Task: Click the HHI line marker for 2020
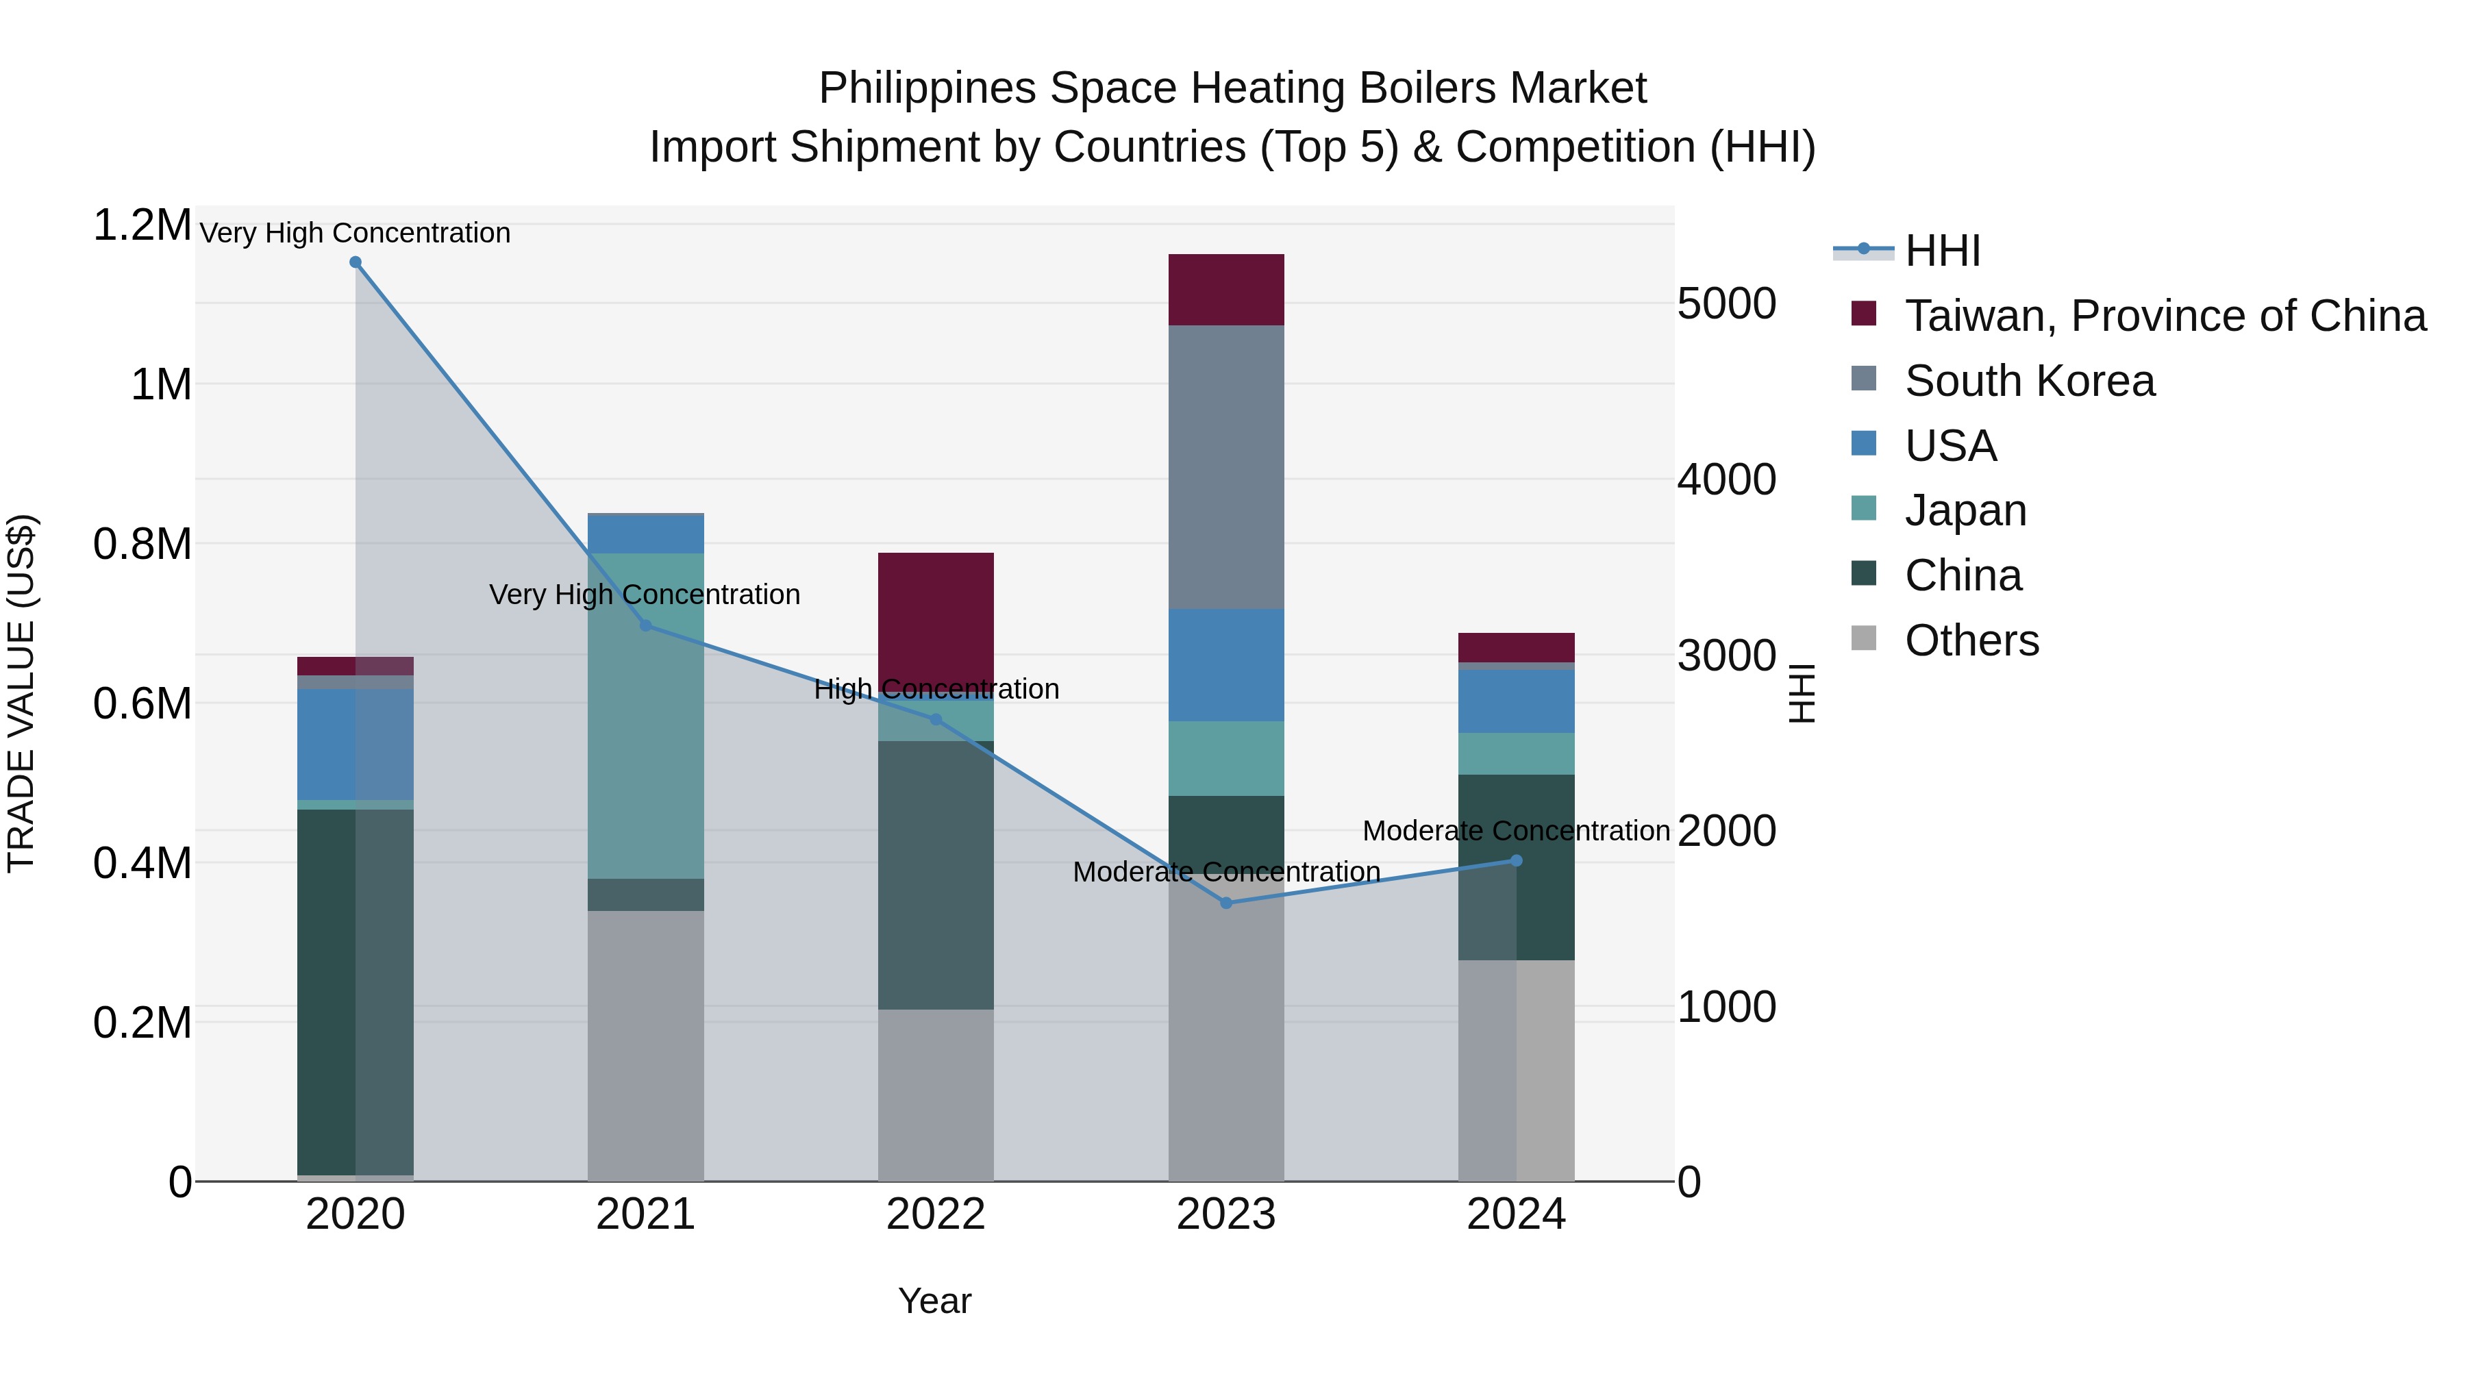355,262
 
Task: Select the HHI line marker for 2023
1226,903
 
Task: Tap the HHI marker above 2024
1517,860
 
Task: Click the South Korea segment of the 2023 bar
1226,467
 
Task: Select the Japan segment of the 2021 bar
645,716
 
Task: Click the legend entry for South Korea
2030,381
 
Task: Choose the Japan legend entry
1965,510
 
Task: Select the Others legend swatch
1864,638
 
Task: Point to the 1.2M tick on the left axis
142,226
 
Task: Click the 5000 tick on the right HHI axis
1727,303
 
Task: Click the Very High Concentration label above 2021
645,595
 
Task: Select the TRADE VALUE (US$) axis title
21,693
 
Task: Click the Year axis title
934,1301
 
